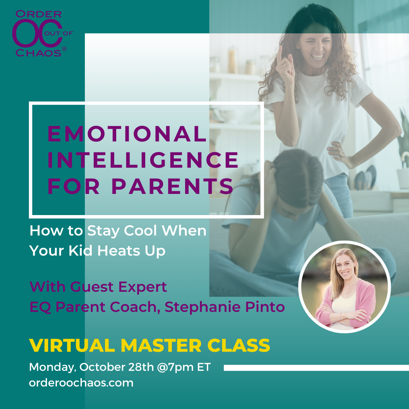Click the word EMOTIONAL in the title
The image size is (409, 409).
(127, 134)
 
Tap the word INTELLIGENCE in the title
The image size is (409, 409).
(143, 160)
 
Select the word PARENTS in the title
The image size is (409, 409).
(172, 186)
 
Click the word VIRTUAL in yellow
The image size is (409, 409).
(72, 346)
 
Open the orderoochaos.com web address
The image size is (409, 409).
(81, 383)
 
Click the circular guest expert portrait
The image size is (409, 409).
(344, 287)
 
